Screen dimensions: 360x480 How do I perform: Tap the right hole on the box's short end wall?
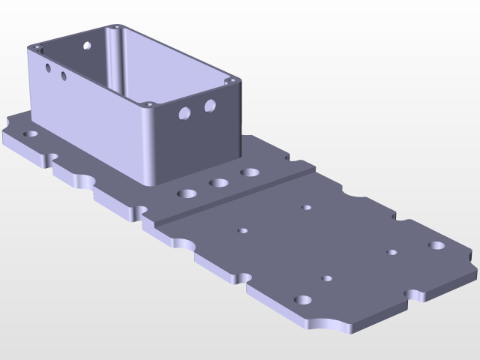[210, 106]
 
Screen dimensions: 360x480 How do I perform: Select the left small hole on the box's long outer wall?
[48, 68]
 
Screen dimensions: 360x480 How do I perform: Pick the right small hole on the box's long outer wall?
[64, 76]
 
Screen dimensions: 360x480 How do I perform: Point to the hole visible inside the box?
[87, 46]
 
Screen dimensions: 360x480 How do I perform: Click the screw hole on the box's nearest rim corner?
[149, 103]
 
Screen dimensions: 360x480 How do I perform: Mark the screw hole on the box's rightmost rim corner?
[232, 79]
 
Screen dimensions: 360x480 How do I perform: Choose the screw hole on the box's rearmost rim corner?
[116, 27]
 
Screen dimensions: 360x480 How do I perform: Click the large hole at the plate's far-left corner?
[31, 133]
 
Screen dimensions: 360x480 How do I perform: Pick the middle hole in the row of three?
[219, 183]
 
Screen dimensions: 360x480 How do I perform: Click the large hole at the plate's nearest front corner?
[303, 300]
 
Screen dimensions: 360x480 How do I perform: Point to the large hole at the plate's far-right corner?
[436, 245]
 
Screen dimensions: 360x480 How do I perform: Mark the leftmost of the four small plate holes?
[242, 230]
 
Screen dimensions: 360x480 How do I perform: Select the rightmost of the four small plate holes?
[391, 252]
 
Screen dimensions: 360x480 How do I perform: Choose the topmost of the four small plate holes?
[306, 207]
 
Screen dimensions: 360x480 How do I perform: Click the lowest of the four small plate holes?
[327, 278]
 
